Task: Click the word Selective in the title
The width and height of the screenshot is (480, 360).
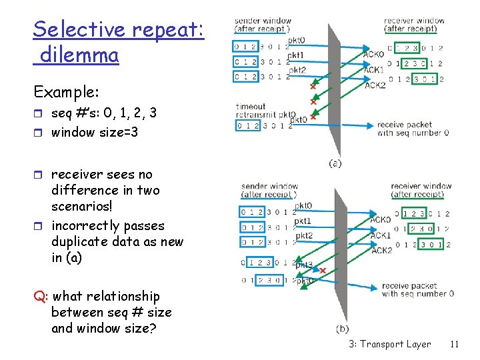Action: point(79,30)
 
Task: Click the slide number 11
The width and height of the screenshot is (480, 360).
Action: point(455,344)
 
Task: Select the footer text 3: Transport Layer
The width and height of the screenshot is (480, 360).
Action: point(389,344)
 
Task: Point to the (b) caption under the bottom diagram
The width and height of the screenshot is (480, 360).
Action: point(342,328)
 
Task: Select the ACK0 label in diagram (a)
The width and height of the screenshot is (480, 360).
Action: point(373,55)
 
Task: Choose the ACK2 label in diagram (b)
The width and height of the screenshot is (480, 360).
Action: point(381,250)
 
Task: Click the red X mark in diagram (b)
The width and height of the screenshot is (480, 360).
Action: point(323,271)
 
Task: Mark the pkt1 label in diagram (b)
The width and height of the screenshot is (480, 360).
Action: point(303,221)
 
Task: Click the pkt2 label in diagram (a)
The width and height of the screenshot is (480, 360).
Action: point(297,70)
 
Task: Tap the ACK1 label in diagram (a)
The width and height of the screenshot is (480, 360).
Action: point(373,69)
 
